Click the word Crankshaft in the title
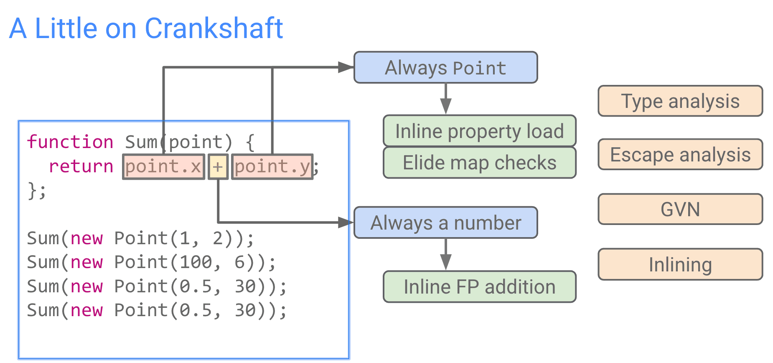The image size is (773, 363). (214, 28)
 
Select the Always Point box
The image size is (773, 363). (445, 67)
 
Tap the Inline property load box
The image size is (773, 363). (479, 131)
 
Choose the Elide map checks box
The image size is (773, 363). (479, 163)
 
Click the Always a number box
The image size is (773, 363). (445, 222)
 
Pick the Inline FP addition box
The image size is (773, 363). (479, 286)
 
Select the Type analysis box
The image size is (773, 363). (680, 101)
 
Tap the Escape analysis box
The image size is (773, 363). (680, 154)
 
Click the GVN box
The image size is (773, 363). (680, 209)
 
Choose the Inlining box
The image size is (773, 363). (680, 264)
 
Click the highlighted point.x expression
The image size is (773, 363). (163, 167)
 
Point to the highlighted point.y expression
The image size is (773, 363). (272, 167)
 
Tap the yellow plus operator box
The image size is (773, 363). (218, 167)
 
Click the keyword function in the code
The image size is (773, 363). (70, 142)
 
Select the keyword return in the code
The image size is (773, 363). (81, 166)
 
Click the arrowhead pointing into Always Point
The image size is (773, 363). (346, 67)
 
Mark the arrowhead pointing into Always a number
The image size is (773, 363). (346, 222)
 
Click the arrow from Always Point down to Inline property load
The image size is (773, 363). (446, 99)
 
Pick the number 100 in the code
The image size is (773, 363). (196, 262)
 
